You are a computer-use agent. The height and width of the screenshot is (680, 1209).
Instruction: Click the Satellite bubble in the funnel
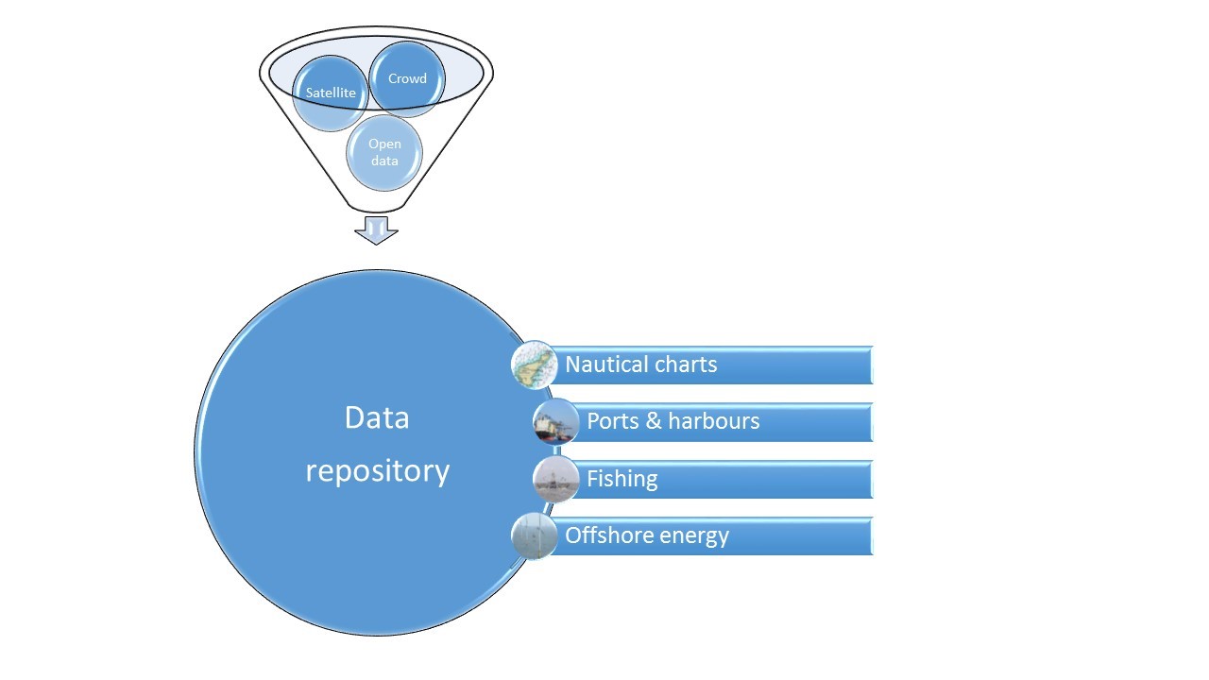[331, 93]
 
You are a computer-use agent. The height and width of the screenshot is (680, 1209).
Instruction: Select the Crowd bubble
[407, 78]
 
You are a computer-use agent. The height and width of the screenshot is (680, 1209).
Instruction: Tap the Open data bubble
[384, 153]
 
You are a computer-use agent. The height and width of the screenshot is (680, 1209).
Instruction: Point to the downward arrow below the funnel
[376, 230]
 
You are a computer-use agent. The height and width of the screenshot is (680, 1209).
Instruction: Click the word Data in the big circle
[377, 417]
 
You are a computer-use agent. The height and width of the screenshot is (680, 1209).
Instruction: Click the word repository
[377, 471]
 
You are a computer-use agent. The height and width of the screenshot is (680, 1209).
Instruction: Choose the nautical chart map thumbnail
[535, 365]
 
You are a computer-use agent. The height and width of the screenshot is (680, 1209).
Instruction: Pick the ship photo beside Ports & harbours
[556, 421]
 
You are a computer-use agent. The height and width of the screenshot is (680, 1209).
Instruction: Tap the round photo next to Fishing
[556, 479]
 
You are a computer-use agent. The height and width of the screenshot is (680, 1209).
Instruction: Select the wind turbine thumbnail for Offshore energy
[535, 535]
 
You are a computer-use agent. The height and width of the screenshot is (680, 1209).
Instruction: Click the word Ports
[613, 421]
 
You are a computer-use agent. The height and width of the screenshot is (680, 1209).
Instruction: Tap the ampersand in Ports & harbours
[654, 421]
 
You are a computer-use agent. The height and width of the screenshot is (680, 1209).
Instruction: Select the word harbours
[714, 421]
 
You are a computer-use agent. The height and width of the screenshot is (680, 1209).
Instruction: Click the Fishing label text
[622, 479]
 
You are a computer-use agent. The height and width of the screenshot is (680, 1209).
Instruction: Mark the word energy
[694, 536]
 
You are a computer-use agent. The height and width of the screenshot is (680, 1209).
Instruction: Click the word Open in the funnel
[384, 144]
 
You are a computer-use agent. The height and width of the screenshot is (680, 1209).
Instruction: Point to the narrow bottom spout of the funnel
[376, 207]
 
